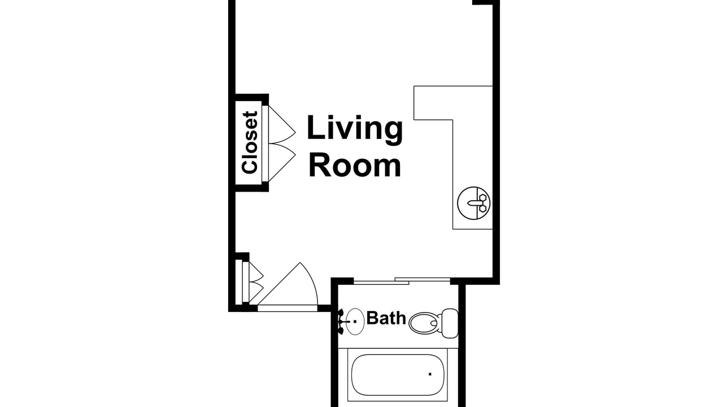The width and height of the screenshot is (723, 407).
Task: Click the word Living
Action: pyautogui.click(x=355, y=130)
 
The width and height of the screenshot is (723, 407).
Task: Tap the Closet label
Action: pyautogui.click(x=250, y=142)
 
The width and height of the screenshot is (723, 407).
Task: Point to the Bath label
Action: pyautogui.click(x=386, y=318)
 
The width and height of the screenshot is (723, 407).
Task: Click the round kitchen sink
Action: pyautogui.click(x=473, y=203)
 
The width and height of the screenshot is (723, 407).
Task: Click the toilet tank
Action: pyautogui.click(x=450, y=323)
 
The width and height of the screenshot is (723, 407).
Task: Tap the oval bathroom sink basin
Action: pyautogui.click(x=355, y=322)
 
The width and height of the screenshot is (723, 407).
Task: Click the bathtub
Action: pyautogui.click(x=398, y=375)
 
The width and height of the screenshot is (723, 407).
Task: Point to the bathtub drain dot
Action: pyautogui.click(x=430, y=374)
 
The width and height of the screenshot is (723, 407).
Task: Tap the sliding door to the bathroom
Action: pyautogui.click(x=402, y=281)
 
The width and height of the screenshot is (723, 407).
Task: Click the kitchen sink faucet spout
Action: pyautogui.click(x=473, y=203)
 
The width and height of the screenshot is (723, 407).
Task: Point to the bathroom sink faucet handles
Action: pyautogui.click(x=340, y=322)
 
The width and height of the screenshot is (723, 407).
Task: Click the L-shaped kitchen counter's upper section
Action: pyautogui.click(x=453, y=103)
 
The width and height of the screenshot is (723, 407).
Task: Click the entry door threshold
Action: pyautogui.click(x=288, y=308)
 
